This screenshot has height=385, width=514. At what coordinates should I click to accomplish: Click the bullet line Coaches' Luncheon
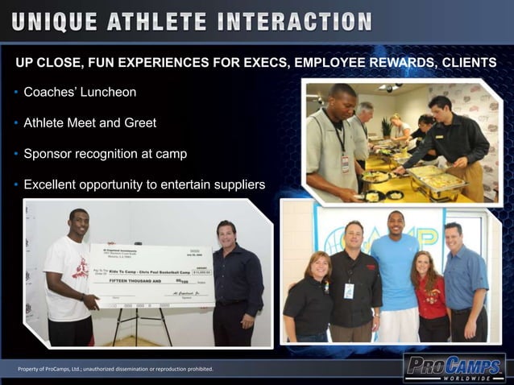pyautogui.click(x=80, y=93)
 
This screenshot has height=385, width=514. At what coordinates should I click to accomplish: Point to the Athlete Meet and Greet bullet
pyautogui.click(x=89, y=123)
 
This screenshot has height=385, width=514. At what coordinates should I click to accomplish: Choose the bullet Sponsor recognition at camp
pyautogui.click(x=105, y=154)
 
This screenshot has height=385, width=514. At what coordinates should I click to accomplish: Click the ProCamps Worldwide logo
pyautogui.click(x=454, y=369)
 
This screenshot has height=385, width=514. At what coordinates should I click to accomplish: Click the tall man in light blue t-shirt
pyautogui.click(x=396, y=274)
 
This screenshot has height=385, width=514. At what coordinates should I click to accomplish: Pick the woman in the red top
pyautogui.click(x=430, y=298)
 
